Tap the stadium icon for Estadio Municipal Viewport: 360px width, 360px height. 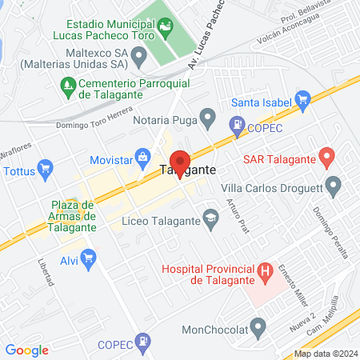coord(165,30)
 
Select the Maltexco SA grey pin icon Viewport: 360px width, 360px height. coord(139,57)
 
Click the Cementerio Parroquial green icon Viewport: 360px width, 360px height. coord(66,85)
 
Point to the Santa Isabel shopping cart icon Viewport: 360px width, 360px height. coord(302,101)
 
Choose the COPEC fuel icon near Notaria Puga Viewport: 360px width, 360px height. coord(237,124)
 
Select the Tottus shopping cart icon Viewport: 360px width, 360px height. coord(46,169)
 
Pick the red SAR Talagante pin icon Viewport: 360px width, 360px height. coord(326,156)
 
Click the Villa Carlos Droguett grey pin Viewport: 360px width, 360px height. coord(334,187)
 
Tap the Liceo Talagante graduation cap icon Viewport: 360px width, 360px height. coord(211,218)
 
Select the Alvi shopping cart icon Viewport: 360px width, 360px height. coord(88,258)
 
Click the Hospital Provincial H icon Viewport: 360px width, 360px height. coord(264,273)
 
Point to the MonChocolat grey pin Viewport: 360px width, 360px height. coord(258,326)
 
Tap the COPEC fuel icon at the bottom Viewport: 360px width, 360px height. coord(142,344)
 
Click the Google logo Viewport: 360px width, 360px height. coord(26,350)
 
